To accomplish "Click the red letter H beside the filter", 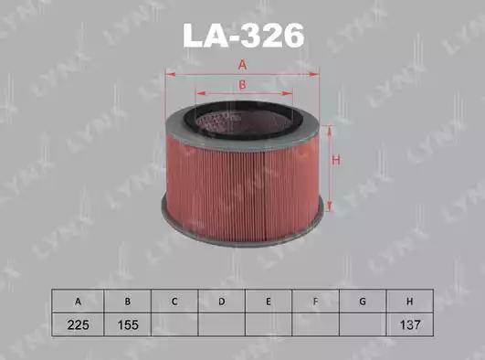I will tap(336, 161).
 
